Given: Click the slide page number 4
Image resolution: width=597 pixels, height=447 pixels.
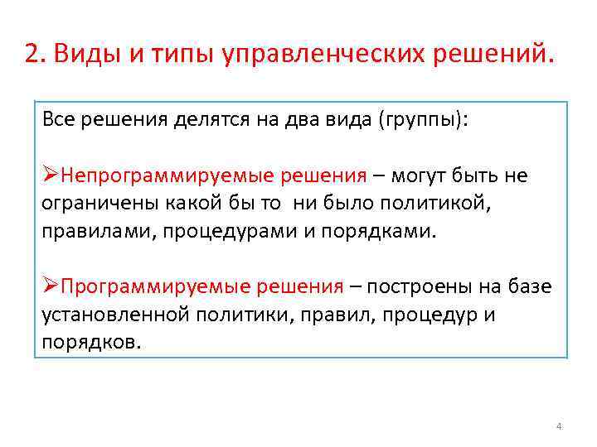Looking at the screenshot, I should (x=558, y=426).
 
